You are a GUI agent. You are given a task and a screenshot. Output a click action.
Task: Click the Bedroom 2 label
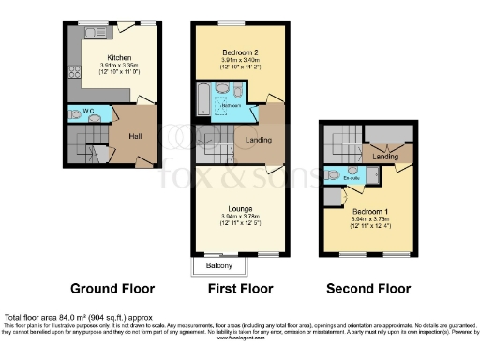pos(227,51)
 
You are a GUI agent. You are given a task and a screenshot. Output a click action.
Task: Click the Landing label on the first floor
pos(259,141)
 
